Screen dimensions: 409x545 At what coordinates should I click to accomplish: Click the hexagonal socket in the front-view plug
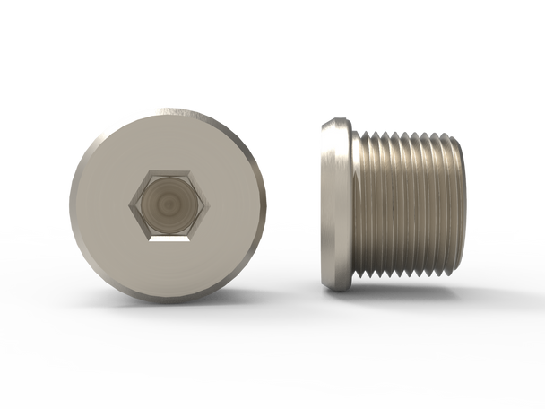point(168,205)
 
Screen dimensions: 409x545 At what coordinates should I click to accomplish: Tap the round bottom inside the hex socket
point(168,205)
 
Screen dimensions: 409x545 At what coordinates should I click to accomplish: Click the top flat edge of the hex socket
point(168,171)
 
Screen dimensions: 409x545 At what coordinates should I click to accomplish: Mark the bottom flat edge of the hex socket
point(168,239)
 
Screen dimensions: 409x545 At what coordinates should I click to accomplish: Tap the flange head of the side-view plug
point(335,204)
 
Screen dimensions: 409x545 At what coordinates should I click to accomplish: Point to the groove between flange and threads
point(358,204)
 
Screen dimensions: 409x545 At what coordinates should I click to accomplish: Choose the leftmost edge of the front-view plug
point(69,204)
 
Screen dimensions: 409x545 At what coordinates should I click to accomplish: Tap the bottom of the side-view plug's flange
point(336,288)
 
